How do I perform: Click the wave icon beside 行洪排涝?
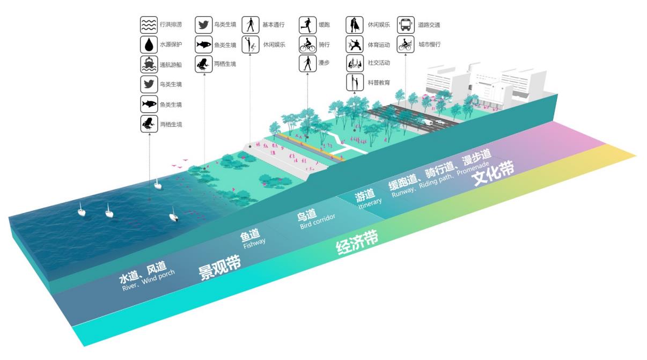tap(149, 25)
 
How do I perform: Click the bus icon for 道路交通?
tap(406, 25)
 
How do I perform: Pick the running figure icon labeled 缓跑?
tap(307, 25)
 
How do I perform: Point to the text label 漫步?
tap(324, 63)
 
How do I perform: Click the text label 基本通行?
tap(274, 25)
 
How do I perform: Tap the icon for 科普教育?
tap(355, 83)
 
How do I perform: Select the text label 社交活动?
tap(379, 63)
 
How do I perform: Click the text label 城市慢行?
tap(429, 45)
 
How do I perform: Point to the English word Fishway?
tap(254, 242)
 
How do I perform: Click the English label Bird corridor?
tap(318, 222)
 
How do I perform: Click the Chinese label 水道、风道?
tap(142, 273)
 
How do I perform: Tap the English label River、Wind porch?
tap(148, 281)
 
